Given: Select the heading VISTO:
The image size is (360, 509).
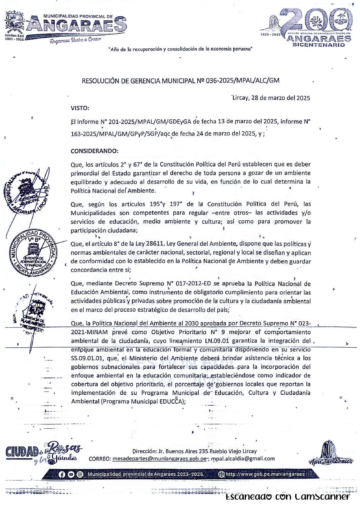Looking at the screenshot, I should [80, 108].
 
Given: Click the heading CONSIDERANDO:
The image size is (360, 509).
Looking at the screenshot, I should [94, 151].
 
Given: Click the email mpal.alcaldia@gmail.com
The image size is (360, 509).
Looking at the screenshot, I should [243, 459].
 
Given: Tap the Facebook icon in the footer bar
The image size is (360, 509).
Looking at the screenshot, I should [62, 474].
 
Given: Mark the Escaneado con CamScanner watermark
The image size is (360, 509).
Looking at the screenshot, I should [288, 496].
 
